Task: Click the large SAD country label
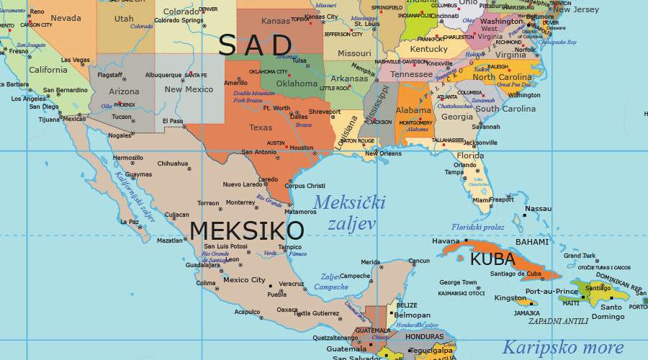[x=256, y=45]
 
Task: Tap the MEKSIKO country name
[x=246, y=231]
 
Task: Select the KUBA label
[x=492, y=259]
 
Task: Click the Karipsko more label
[x=562, y=347]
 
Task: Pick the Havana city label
[x=446, y=240]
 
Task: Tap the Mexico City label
[x=243, y=280]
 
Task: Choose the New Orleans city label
[x=383, y=153]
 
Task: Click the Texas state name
[x=261, y=127]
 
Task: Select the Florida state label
[x=470, y=156]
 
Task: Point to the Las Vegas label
[x=76, y=60]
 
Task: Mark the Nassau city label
[x=538, y=209]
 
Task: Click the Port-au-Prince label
[x=552, y=292]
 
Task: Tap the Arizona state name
[x=124, y=91]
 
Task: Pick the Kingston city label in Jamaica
[x=510, y=297]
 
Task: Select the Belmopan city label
[x=412, y=315]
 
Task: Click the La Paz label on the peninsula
[x=130, y=222]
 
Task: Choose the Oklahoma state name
[x=297, y=83]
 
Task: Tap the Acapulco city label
[x=246, y=312]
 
